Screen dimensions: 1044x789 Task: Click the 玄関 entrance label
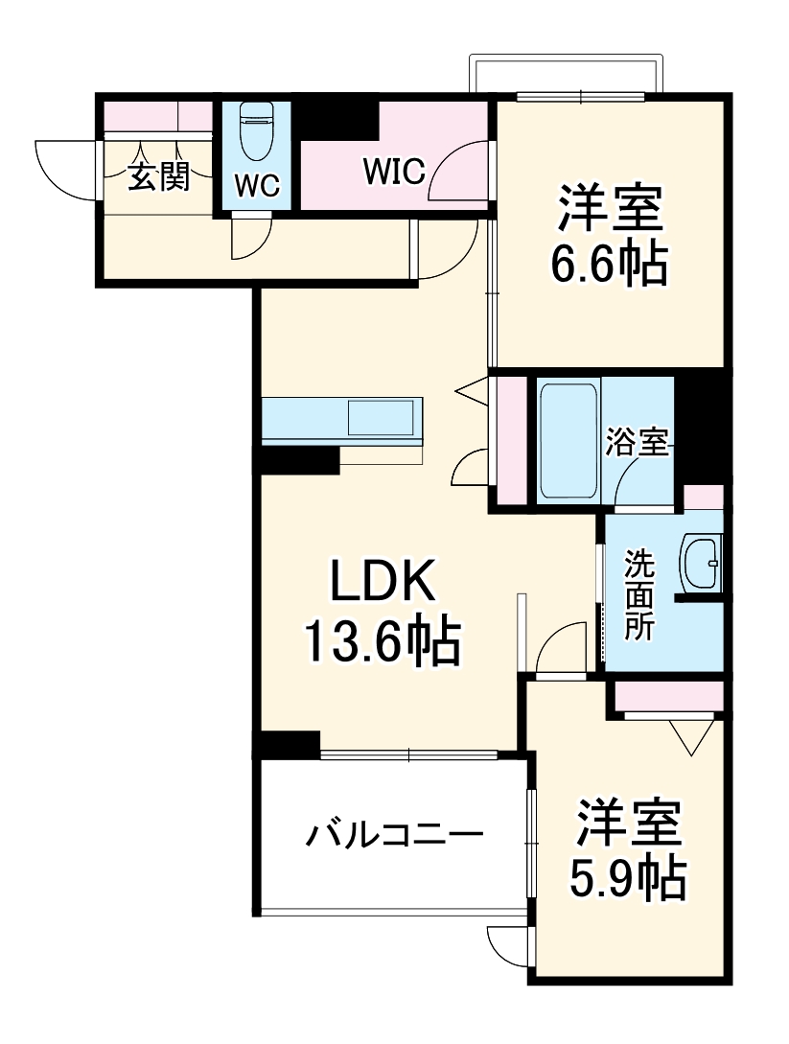(158, 176)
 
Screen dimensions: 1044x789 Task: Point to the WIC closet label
(393, 172)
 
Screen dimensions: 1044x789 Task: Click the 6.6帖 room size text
(608, 265)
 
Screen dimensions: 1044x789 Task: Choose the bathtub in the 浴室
(568, 440)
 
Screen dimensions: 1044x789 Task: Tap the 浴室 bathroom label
(637, 443)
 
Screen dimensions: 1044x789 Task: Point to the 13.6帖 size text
(382, 641)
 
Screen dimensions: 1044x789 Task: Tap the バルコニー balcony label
(394, 835)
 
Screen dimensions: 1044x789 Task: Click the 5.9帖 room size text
(630, 877)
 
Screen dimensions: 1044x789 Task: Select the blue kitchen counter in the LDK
(341, 420)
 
